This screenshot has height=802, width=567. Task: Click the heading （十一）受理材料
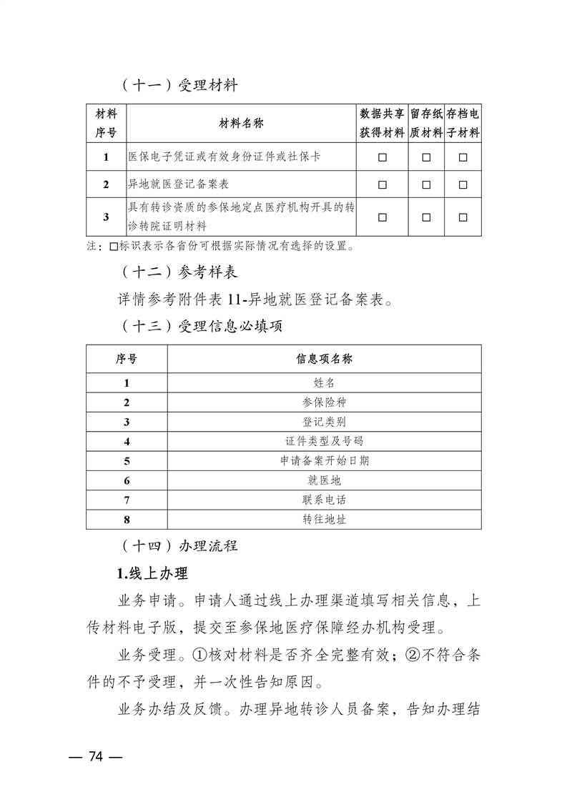(177, 86)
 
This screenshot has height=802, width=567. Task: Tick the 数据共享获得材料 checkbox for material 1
(383, 157)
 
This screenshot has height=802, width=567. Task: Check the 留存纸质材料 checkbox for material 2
(426, 184)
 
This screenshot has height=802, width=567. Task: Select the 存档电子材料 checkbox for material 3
(463, 217)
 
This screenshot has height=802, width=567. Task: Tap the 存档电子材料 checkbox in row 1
(463, 157)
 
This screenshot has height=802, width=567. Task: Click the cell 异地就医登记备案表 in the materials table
(178, 184)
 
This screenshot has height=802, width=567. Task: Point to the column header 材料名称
(241, 124)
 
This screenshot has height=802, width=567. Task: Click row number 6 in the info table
(127, 480)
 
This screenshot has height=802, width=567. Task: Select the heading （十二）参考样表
(177, 272)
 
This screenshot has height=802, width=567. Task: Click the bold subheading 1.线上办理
(152, 574)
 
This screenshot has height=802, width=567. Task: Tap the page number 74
(97, 757)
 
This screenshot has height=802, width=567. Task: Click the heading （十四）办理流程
(177, 547)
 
